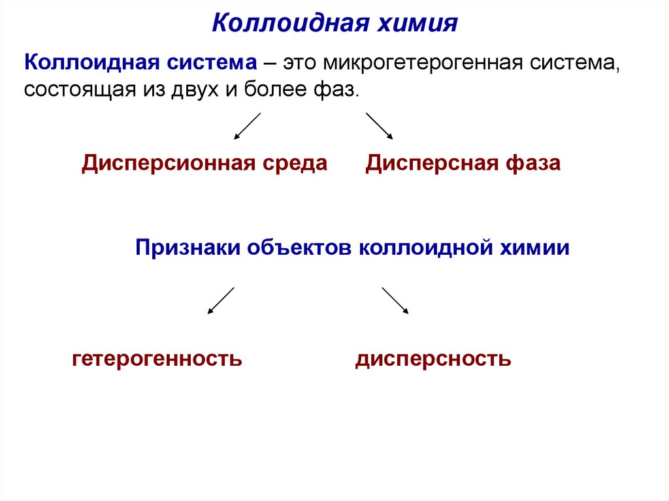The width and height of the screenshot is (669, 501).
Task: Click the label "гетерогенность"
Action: (157, 359)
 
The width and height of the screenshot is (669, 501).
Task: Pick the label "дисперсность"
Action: (433, 359)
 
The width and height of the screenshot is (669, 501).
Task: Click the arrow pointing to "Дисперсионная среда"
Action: (248, 127)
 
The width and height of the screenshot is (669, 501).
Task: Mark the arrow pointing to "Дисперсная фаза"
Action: (379, 127)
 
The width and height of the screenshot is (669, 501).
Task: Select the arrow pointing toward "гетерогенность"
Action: (221, 300)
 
